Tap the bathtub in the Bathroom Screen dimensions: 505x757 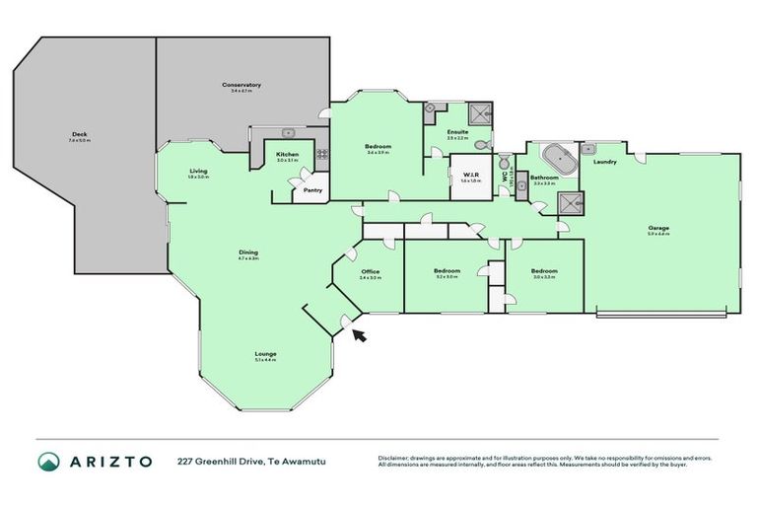click(558, 156)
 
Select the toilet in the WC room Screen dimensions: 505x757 click(504, 164)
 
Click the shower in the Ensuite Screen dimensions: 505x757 click(479, 111)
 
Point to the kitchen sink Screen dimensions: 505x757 click(287, 133)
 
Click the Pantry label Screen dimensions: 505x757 click(312, 189)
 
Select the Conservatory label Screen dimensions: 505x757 click(241, 85)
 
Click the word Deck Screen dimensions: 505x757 click(79, 135)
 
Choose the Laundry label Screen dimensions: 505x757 click(605, 162)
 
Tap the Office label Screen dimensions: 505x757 click(370, 271)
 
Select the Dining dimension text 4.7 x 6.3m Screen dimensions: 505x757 click(248, 258)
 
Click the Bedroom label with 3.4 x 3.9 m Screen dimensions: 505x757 click(378, 146)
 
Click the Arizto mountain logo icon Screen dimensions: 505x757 click(49, 461)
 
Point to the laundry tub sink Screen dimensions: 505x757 click(588, 149)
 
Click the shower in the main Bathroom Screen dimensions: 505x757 click(569, 203)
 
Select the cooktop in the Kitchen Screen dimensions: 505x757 click(321, 155)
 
